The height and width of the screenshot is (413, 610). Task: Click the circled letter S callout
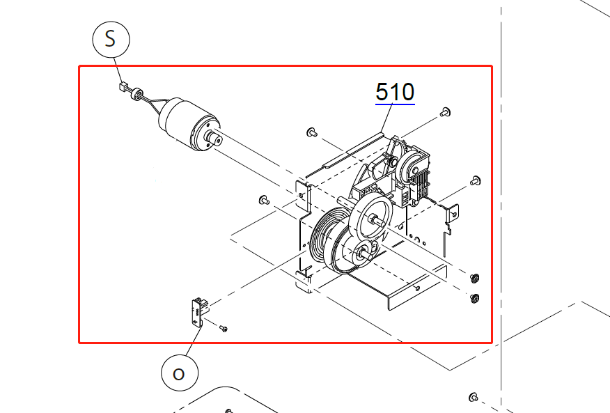pyautogui.click(x=111, y=39)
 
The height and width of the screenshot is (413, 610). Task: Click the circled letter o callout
pyautogui.click(x=180, y=373)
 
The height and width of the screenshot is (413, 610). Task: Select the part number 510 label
pyautogui.click(x=395, y=92)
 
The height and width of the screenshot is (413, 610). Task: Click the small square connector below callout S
pyautogui.click(x=124, y=86)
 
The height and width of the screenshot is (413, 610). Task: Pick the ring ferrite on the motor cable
pyautogui.click(x=136, y=94)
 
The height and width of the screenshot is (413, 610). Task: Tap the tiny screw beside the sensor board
pyautogui.click(x=224, y=329)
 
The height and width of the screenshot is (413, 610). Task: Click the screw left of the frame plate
pyautogui.click(x=264, y=200)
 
